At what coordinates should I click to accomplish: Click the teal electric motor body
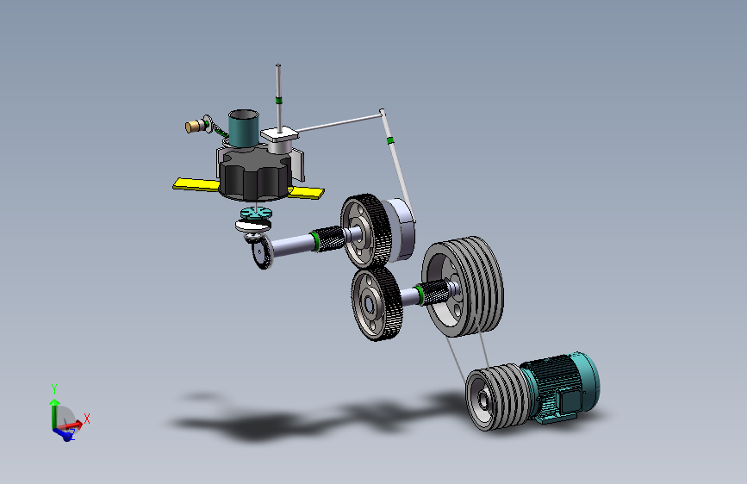(x=562, y=386)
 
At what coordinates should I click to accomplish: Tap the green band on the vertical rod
(x=278, y=100)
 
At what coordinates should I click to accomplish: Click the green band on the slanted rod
(x=390, y=140)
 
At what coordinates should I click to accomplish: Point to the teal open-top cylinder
(x=244, y=127)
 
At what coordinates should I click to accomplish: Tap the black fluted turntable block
(x=255, y=174)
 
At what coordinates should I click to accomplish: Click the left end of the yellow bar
(x=174, y=185)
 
